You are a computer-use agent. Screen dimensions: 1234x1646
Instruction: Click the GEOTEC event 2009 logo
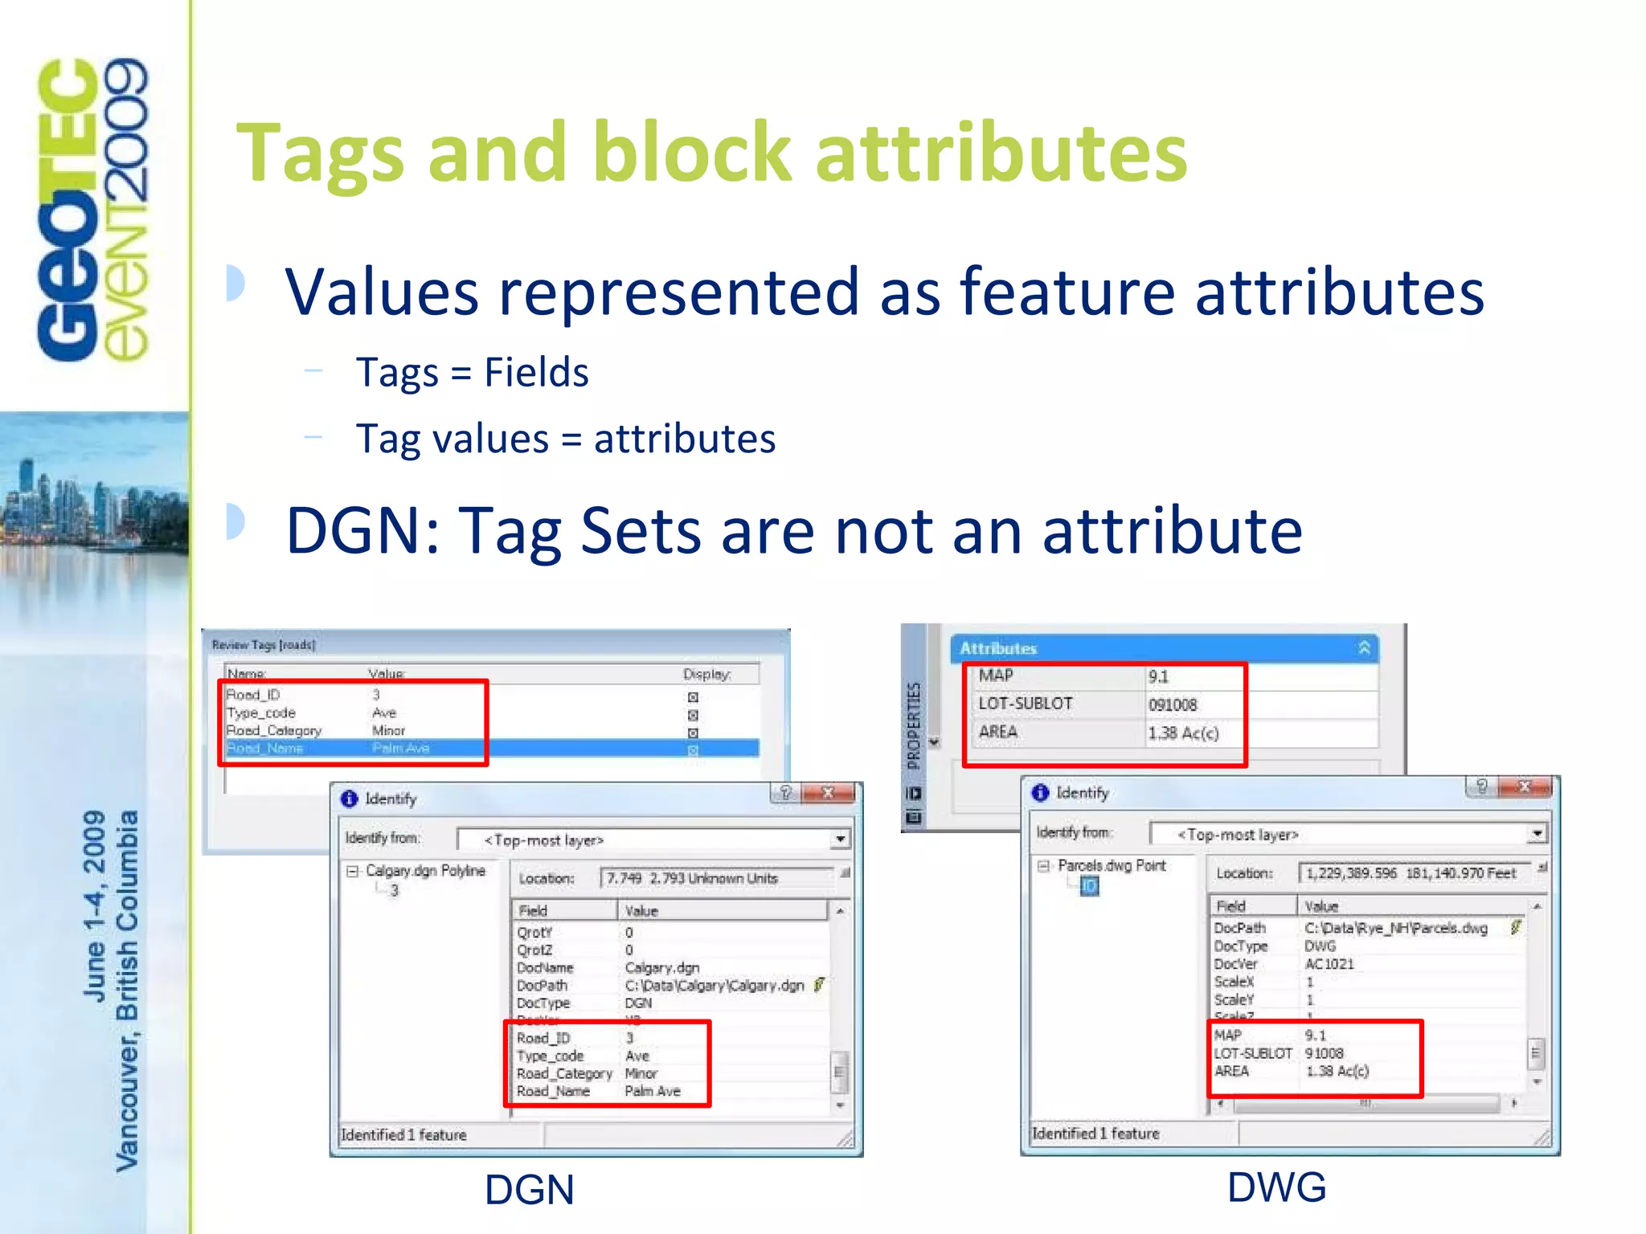pyautogui.click(x=92, y=209)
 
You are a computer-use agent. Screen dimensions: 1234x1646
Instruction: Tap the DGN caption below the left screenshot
pyautogui.click(x=529, y=1190)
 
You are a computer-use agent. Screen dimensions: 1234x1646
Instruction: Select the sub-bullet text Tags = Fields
pyautogui.click(x=472, y=373)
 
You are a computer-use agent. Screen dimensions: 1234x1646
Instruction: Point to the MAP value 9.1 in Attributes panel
pyautogui.click(x=1158, y=676)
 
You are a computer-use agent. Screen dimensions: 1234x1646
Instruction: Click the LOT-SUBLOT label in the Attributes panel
pyautogui.click(x=1025, y=704)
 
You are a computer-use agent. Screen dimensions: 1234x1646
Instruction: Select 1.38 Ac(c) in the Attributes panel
pyautogui.click(x=1183, y=733)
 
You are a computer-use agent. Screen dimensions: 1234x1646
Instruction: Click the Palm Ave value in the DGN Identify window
pyautogui.click(x=653, y=1091)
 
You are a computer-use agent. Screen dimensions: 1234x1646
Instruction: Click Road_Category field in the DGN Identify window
pyautogui.click(x=564, y=1073)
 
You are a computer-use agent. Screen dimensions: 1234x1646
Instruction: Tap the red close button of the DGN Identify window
pyautogui.click(x=828, y=793)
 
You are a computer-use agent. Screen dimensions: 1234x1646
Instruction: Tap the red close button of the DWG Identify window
pyautogui.click(x=1524, y=787)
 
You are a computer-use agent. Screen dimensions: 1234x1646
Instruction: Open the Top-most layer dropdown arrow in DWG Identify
pyautogui.click(x=1536, y=834)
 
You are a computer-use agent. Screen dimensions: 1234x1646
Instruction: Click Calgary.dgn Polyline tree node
pyautogui.click(x=425, y=871)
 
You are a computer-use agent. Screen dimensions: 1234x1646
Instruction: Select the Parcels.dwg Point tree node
pyautogui.click(x=1111, y=865)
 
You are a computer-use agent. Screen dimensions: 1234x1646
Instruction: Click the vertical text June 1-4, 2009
pyautogui.click(x=95, y=905)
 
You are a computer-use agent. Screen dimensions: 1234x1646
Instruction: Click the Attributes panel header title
pyautogui.click(x=997, y=648)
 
